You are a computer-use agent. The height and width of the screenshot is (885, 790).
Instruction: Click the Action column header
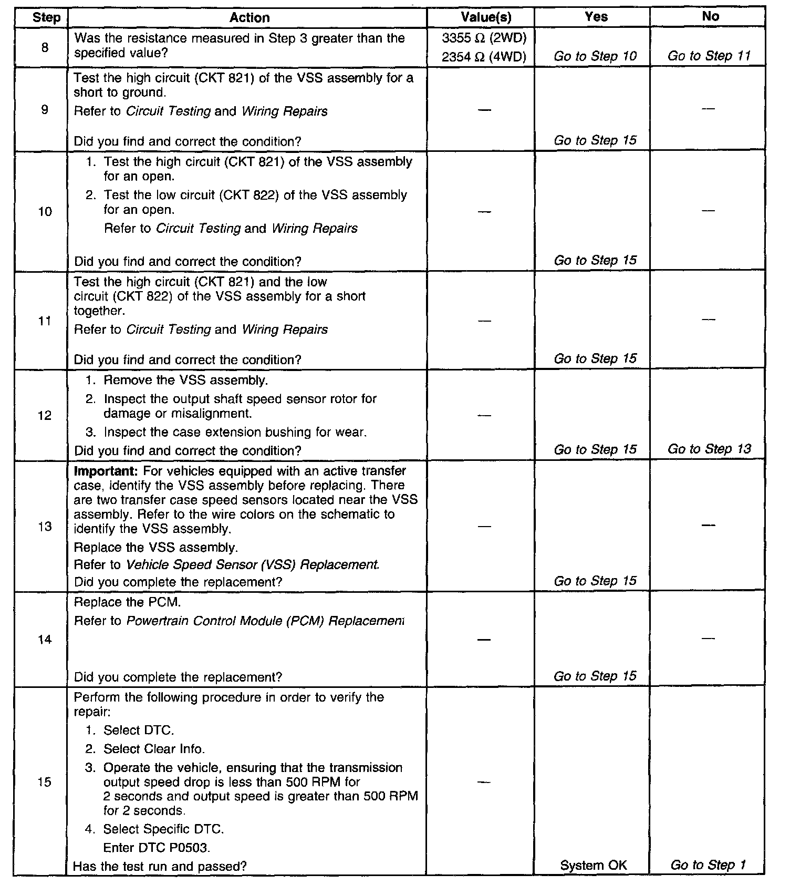(250, 18)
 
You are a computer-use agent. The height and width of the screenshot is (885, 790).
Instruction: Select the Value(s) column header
(485, 17)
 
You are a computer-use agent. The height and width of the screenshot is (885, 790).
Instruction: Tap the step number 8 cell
(45, 48)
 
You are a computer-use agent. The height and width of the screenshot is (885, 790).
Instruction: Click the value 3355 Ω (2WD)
(484, 38)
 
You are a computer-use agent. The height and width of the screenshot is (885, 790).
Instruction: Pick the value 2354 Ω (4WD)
(484, 57)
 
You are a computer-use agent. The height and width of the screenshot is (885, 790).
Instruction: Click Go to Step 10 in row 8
(595, 56)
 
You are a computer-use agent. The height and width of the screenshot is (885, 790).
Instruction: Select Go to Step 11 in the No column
(709, 56)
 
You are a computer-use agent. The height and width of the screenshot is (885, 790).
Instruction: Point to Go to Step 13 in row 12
(709, 449)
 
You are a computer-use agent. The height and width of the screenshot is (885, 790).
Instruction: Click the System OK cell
(594, 865)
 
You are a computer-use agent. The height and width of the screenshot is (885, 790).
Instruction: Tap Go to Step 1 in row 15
(708, 865)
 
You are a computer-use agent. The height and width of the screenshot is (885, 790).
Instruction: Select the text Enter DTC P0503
(157, 847)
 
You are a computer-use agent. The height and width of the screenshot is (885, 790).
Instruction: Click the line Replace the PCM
(128, 602)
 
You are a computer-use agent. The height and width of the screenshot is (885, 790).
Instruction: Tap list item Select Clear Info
(154, 749)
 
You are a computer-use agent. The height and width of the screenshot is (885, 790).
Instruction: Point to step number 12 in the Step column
(45, 416)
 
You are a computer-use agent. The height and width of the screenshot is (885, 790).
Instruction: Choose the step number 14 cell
(45, 640)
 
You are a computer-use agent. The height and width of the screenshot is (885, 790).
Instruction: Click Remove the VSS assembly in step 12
(185, 380)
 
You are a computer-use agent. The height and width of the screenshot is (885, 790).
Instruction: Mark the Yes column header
(596, 17)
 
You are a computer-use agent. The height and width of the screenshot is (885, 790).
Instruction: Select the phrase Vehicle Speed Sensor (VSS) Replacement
(253, 564)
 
